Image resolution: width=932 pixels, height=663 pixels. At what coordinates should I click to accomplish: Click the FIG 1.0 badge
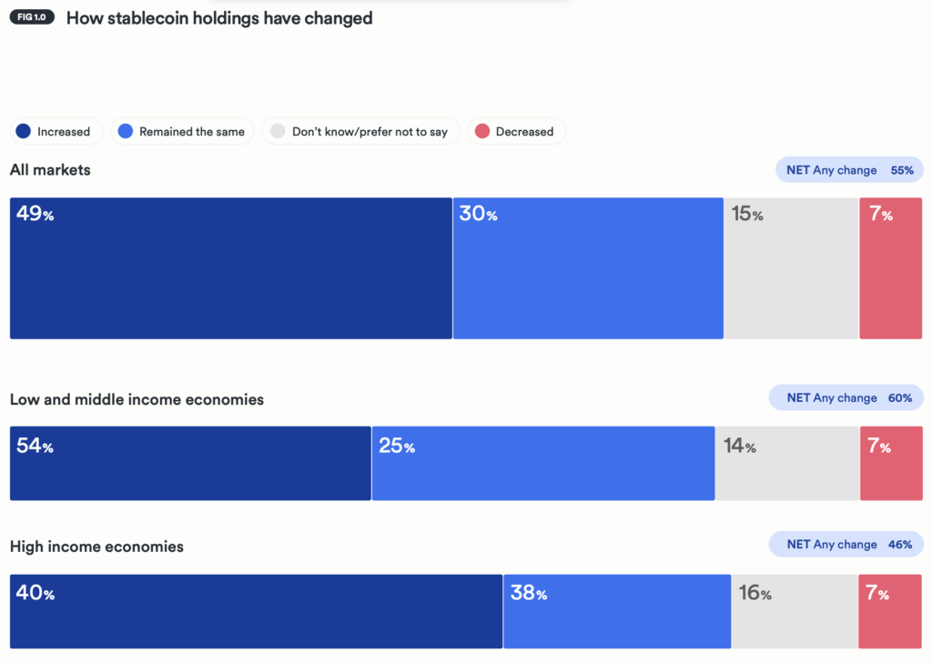click(x=33, y=18)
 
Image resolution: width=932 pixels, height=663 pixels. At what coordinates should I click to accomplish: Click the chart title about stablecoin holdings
click(x=219, y=18)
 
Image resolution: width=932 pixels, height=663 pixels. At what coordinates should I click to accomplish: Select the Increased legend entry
click(x=56, y=132)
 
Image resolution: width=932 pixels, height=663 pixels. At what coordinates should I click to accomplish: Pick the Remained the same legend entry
click(x=182, y=132)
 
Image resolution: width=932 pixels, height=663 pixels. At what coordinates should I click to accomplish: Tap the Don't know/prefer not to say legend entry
click(x=360, y=132)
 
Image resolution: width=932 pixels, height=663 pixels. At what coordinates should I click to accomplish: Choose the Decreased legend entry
click(x=516, y=132)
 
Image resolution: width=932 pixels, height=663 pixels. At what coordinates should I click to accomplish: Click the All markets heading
click(x=50, y=170)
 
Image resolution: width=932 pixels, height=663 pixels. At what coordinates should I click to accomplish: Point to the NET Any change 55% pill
click(x=849, y=170)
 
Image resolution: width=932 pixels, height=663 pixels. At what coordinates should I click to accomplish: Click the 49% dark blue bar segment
click(x=230, y=268)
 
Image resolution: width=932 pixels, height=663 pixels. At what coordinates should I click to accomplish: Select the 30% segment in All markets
click(x=588, y=268)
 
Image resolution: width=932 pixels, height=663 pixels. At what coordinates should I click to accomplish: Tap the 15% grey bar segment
click(x=791, y=268)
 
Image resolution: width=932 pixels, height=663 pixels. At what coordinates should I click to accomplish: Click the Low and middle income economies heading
click(x=137, y=399)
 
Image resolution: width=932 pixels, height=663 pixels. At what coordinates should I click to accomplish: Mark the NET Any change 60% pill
click(x=846, y=397)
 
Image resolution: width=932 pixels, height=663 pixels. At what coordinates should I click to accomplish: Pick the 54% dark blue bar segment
click(x=190, y=463)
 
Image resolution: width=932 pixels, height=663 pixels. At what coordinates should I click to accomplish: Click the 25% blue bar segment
click(x=543, y=463)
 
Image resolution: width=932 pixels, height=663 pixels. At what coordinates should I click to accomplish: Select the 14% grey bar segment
click(x=787, y=463)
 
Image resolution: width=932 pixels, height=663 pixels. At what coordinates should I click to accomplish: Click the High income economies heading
click(x=96, y=547)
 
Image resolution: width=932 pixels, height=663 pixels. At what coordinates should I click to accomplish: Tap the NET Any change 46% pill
click(x=846, y=545)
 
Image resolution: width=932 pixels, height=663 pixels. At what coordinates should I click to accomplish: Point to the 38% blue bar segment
click(x=617, y=611)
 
